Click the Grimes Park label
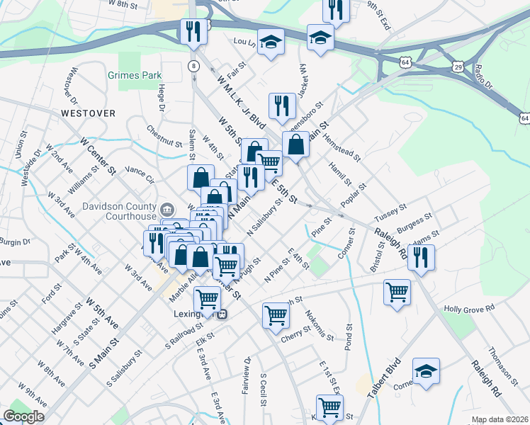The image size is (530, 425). point(135,75)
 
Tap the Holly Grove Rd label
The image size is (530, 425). point(470,309)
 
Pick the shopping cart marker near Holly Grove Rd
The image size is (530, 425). point(397,290)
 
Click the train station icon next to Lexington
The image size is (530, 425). point(222,314)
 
